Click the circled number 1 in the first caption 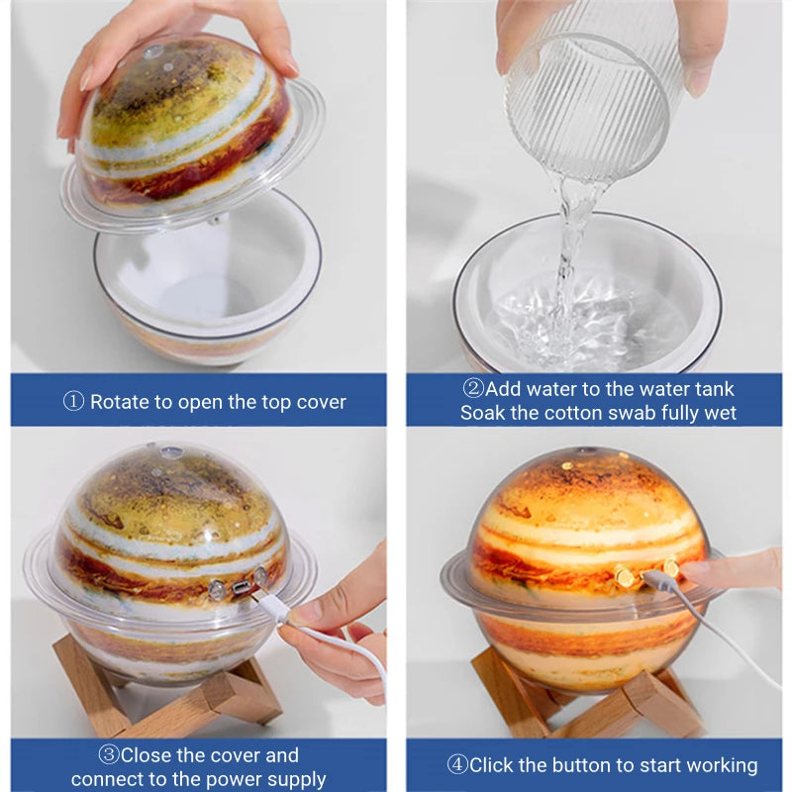pos(74,402)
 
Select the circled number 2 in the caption pos(473,389)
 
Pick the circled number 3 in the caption pos(108,755)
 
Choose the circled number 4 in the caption pos(456,765)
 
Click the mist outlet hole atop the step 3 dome pos(172,452)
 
